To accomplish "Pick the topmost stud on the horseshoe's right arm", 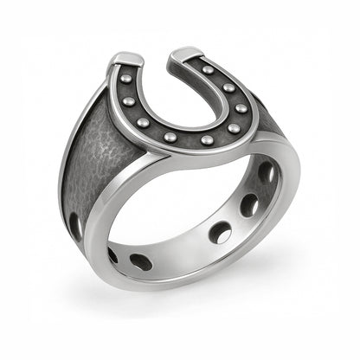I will (x=209, y=70).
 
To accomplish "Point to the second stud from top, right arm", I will (x=228, y=88).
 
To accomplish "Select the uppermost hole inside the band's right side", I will (x=267, y=173).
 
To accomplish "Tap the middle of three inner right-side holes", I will (x=249, y=205).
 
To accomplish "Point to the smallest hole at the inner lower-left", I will (x=112, y=254).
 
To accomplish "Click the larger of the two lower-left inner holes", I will (x=140, y=261).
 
